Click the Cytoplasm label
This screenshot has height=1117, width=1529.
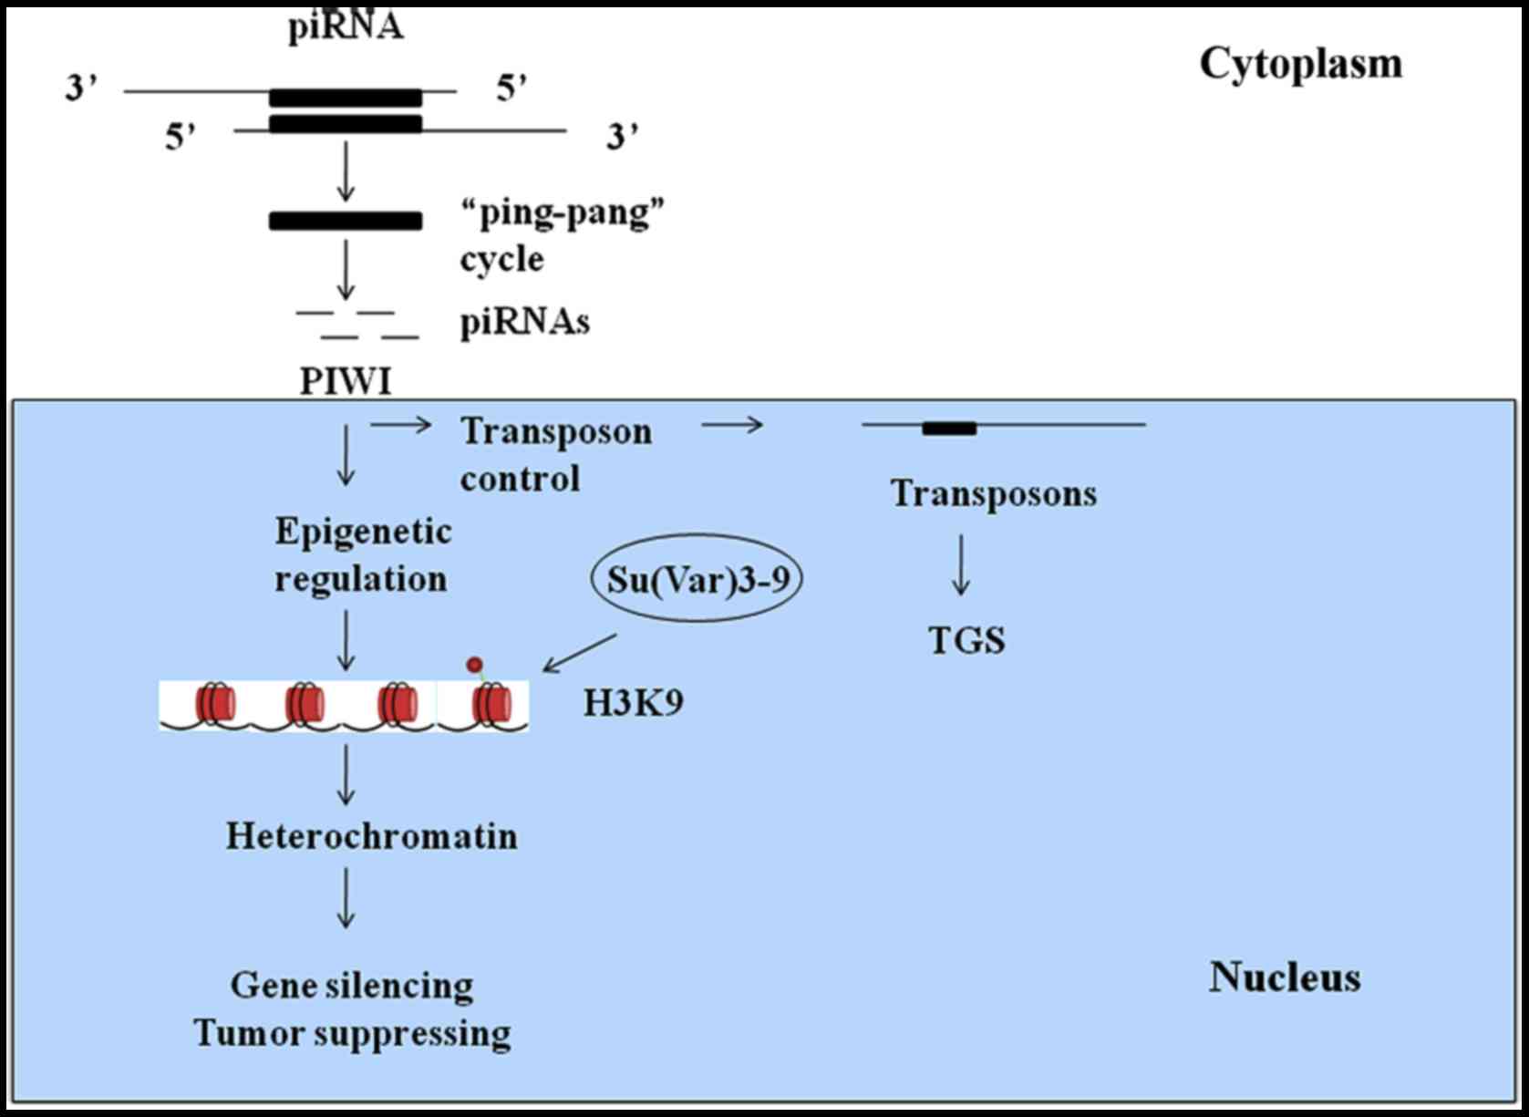coord(1300,65)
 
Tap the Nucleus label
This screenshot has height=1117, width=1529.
coord(1285,977)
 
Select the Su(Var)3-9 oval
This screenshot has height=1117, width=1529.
coord(697,579)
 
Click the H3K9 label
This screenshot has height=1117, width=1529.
coord(633,703)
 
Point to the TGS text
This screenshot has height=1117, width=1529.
coord(966,640)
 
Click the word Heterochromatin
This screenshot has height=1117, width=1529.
coord(371,836)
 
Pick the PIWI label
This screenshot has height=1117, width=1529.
coord(346,381)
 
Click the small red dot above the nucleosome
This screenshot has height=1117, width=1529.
coord(474,665)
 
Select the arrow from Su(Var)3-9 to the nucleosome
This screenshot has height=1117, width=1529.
coord(580,653)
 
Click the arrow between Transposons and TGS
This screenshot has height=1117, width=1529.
coord(960,565)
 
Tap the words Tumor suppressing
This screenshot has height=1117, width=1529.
coord(352,1034)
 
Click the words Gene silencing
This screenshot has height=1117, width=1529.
coord(352,986)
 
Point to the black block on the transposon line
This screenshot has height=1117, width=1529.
coord(949,428)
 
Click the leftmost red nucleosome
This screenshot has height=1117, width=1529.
coord(214,704)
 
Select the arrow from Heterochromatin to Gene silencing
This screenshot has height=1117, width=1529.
coord(346,898)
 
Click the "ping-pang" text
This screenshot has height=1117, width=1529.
coord(563,213)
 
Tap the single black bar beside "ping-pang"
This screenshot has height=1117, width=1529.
coord(346,221)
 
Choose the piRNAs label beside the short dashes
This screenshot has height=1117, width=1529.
coord(524,322)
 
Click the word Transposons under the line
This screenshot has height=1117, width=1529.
coord(993,493)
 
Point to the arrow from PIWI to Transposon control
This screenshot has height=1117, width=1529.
coord(401,424)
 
